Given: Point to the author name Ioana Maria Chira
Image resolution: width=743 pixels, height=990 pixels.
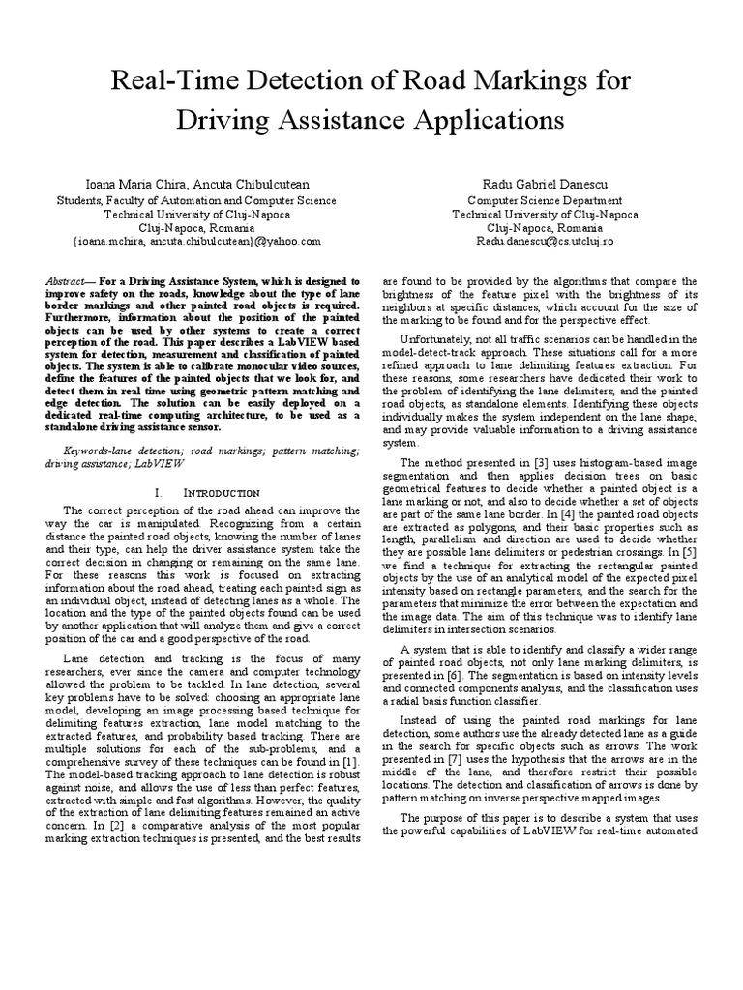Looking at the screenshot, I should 120,184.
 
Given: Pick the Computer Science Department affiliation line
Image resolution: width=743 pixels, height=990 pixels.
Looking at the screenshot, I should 545,200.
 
